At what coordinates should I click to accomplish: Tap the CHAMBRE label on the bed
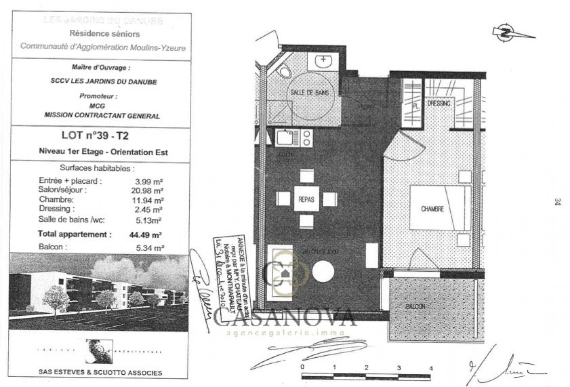432,209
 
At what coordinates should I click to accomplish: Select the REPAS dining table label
306,199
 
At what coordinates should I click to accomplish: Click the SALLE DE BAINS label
309,92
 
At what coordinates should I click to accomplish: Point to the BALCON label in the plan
415,306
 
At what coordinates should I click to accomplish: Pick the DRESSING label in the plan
439,103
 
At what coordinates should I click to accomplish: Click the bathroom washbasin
324,62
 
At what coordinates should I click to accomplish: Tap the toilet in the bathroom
285,72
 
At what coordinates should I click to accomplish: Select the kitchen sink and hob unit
294,137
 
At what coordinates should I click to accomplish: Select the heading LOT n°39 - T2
95,135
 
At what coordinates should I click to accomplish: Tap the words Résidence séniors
105,34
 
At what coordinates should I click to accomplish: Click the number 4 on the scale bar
431,368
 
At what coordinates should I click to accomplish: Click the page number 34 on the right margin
557,202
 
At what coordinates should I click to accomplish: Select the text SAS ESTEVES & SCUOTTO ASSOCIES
100,372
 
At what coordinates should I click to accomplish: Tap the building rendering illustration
99,291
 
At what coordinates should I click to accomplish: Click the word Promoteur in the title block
99,97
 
